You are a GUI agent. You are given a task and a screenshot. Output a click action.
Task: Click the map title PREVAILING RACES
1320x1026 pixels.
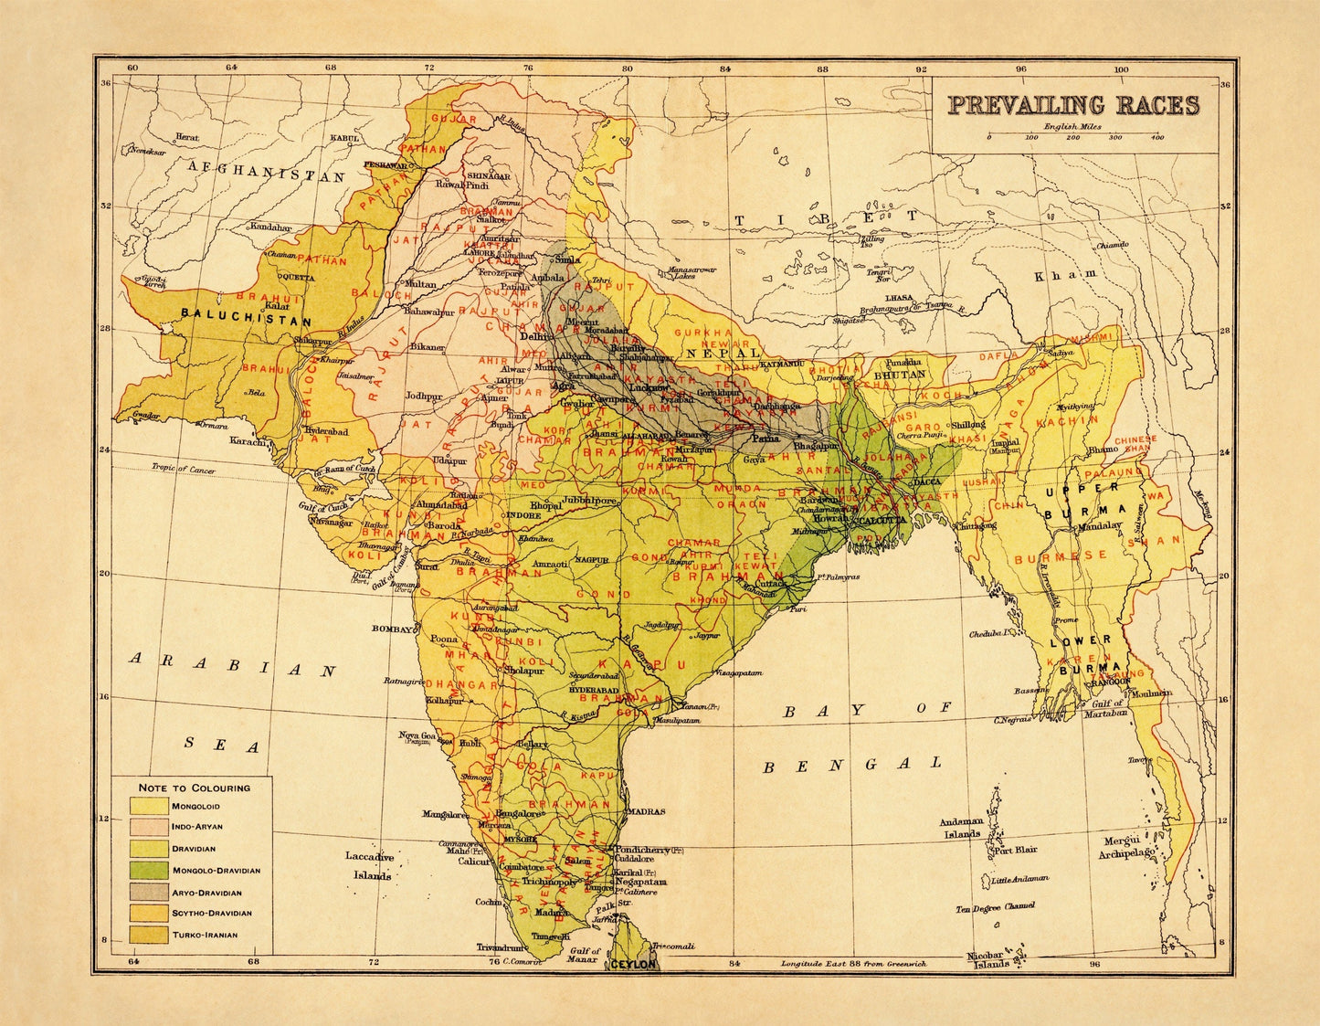[1072, 105]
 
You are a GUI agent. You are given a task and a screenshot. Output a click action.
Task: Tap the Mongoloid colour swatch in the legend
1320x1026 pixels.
[149, 806]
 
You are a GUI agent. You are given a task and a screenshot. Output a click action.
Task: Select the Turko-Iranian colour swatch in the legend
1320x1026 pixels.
[149, 934]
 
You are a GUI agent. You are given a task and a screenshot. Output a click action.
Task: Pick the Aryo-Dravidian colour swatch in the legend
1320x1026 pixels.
[149, 892]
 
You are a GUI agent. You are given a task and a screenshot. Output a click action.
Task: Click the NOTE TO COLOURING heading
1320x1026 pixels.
[194, 787]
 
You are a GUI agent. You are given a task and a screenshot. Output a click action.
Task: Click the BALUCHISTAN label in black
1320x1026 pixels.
[247, 322]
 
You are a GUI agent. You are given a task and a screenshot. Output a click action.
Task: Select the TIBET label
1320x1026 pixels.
[827, 218]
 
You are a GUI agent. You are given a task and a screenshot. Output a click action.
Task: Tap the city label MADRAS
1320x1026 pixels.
[646, 811]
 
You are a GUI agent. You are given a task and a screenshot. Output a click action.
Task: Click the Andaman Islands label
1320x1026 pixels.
[962, 827]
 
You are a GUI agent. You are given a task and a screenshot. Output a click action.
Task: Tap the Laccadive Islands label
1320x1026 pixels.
[369, 866]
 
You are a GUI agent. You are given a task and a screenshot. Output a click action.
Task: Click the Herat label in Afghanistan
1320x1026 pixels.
[187, 137]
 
